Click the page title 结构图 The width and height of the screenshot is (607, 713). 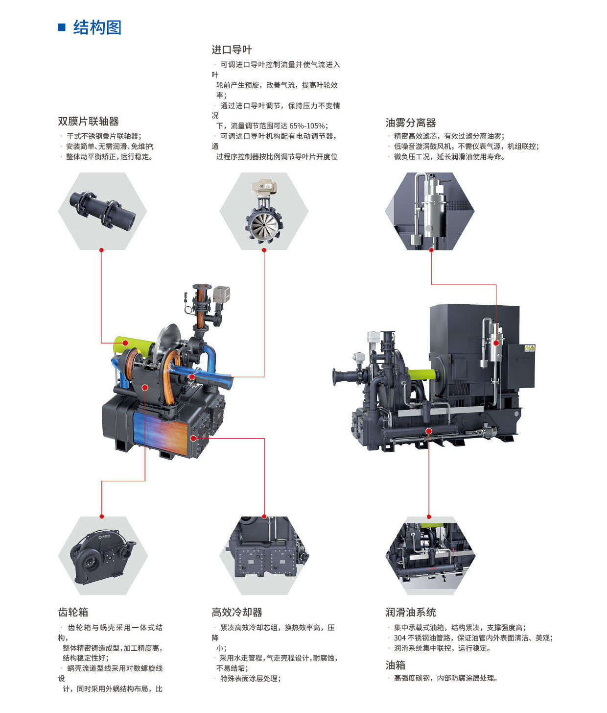[x=97, y=27]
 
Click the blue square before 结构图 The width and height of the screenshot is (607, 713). [x=62, y=27]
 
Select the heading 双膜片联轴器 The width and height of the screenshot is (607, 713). [x=88, y=122]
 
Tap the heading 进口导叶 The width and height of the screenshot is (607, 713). [x=232, y=50]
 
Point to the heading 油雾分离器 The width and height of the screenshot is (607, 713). [x=411, y=123]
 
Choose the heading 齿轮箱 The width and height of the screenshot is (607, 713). [x=73, y=612]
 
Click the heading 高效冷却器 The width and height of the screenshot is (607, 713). [x=236, y=612]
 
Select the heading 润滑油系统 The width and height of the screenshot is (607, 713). [x=411, y=612]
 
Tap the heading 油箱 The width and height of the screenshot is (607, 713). [x=396, y=665]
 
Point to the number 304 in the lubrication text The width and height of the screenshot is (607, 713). [x=399, y=638]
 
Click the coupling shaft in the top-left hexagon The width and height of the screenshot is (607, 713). [x=103, y=209]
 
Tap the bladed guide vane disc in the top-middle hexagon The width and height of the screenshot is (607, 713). [x=264, y=225]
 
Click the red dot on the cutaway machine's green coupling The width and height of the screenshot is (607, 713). [x=126, y=343]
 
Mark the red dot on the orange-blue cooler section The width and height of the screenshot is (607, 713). [x=193, y=439]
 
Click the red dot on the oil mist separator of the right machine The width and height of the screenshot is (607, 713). [x=496, y=343]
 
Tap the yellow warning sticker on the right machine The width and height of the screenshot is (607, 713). [x=530, y=348]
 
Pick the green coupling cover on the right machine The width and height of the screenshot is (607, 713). [x=421, y=374]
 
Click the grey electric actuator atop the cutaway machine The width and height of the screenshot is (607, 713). [x=221, y=295]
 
